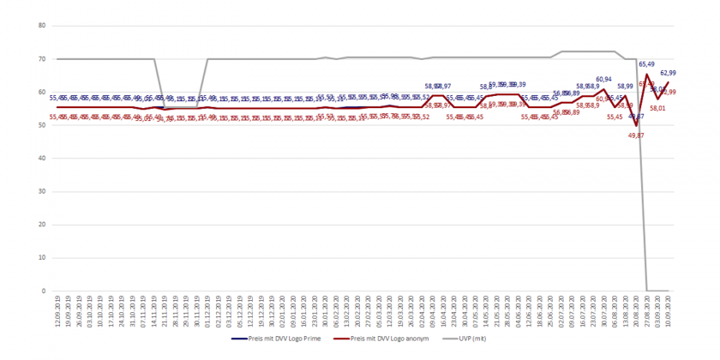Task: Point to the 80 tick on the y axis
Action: click(40, 26)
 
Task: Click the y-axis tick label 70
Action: click(40, 59)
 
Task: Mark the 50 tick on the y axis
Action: click(40, 125)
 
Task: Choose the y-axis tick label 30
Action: click(40, 192)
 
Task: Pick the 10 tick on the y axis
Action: click(40, 258)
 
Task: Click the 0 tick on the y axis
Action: click(42, 291)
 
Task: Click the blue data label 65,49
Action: click(646, 64)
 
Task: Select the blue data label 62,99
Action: click(668, 74)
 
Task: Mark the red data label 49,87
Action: click(636, 135)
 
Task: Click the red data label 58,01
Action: click(657, 109)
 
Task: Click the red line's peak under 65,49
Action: click(647, 75)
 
